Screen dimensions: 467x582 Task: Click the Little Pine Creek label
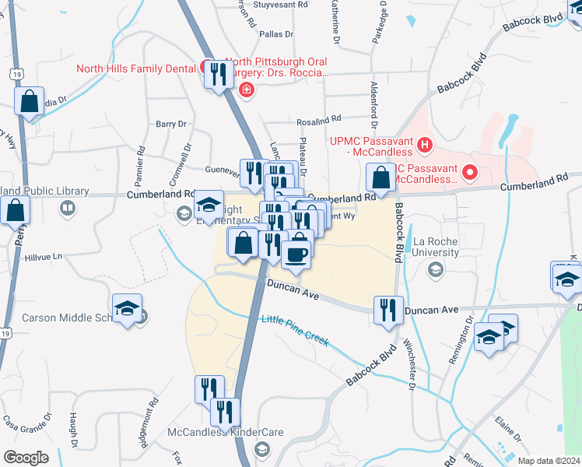click(295, 331)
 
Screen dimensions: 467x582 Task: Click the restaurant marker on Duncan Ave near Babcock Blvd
click(387, 309)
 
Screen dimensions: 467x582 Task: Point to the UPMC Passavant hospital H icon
click(424, 144)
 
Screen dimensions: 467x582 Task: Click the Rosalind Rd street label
click(319, 121)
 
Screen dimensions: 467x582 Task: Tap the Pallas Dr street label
click(276, 34)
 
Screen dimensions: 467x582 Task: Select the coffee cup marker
click(296, 255)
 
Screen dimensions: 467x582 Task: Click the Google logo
click(26, 457)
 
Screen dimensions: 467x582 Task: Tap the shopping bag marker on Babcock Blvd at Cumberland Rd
click(381, 177)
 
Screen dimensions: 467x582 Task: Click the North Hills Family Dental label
click(135, 68)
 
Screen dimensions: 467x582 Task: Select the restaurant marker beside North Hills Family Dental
click(217, 75)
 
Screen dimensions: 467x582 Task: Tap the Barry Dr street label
click(171, 124)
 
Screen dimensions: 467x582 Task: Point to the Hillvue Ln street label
click(42, 256)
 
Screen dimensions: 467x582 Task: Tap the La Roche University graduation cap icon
click(435, 269)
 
